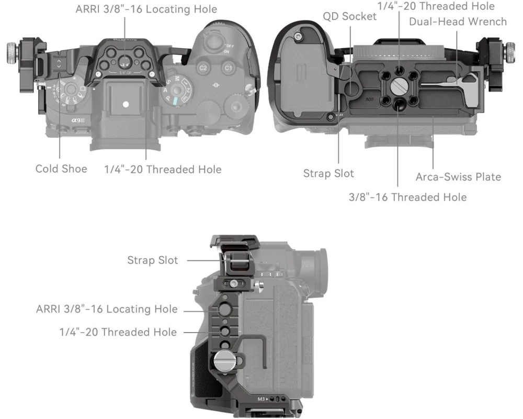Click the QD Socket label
coord(349,16)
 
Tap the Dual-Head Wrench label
coord(458,21)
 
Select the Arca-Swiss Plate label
coord(458,177)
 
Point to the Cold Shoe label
coord(61,169)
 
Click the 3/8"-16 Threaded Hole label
coord(407,197)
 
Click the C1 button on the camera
coord(228,68)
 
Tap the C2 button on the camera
coord(203,68)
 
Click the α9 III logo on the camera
coord(78,120)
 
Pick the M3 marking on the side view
coord(261,399)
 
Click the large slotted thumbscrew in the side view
coord(225,361)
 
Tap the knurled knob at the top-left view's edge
coord(13,53)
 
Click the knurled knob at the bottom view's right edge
coord(510,52)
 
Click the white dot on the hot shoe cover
coord(126,104)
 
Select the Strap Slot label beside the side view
coord(152,260)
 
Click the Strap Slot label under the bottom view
coord(328,173)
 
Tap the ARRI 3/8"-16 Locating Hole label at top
coord(146,9)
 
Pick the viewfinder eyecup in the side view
coord(317,272)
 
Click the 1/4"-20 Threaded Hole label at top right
coord(436,6)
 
